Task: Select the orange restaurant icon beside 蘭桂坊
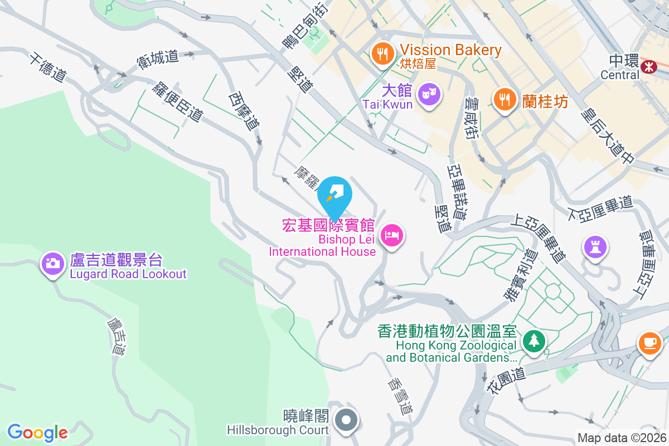(x=505, y=99)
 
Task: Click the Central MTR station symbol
(x=648, y=67)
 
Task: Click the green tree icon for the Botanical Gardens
(x=534, y=340)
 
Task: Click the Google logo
(x=38, y=433)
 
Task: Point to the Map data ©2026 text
(x=622, y=438)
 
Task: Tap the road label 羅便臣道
(x=178, y=100)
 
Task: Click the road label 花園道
(x=508, y=379)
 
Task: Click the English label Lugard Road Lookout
(x=128, y=274)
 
